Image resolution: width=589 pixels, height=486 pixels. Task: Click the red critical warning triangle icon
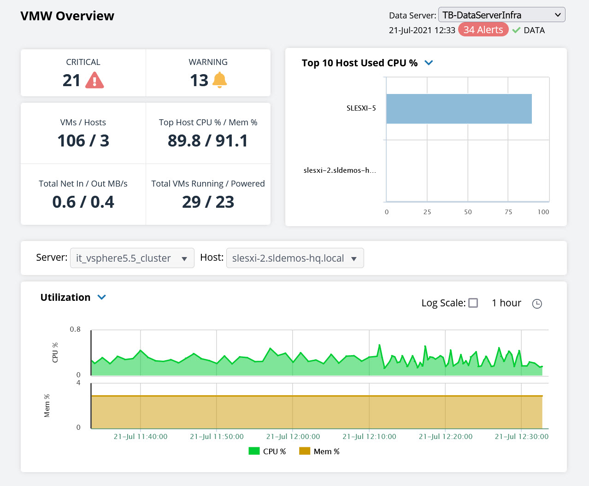[x=94, y=80]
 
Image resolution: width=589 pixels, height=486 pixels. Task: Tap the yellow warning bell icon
[x=219, y=80]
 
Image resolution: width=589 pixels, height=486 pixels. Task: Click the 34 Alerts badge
[x=483, y=30]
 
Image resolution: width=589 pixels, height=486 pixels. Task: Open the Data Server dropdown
[x=501, y=15]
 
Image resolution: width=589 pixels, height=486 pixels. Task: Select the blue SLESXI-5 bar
[x=459, y=109]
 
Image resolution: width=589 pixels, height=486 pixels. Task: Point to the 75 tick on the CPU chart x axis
[x=508, y=212]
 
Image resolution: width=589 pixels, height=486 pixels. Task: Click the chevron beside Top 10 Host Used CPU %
[x=429, y=63]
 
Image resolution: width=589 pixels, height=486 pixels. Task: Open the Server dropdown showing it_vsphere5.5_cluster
[x=132, y=258]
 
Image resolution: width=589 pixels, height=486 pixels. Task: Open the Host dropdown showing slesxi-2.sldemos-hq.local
[x=295, y=258]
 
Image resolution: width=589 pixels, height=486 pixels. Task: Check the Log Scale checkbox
[x=473, y=303]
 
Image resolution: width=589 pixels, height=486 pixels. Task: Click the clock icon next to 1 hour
[x=537, y=304]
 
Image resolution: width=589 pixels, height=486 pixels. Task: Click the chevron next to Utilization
[x=102, y=297]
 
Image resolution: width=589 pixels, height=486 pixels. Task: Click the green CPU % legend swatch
[x=254, y=451]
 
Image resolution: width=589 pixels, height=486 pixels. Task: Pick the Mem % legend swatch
[x=305, y=451]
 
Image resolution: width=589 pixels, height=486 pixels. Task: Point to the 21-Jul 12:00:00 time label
[x=293, y=437]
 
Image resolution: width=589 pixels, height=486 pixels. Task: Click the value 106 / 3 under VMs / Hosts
[x=83, y=141]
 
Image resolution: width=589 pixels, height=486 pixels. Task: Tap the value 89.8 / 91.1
[x=208, y=141]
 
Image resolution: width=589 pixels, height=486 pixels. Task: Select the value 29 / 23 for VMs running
[x=208, y=202]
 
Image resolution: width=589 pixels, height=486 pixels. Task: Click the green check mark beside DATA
[x=516, y=30]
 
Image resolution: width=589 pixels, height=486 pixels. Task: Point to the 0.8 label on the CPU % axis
[x=75, y=329]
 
